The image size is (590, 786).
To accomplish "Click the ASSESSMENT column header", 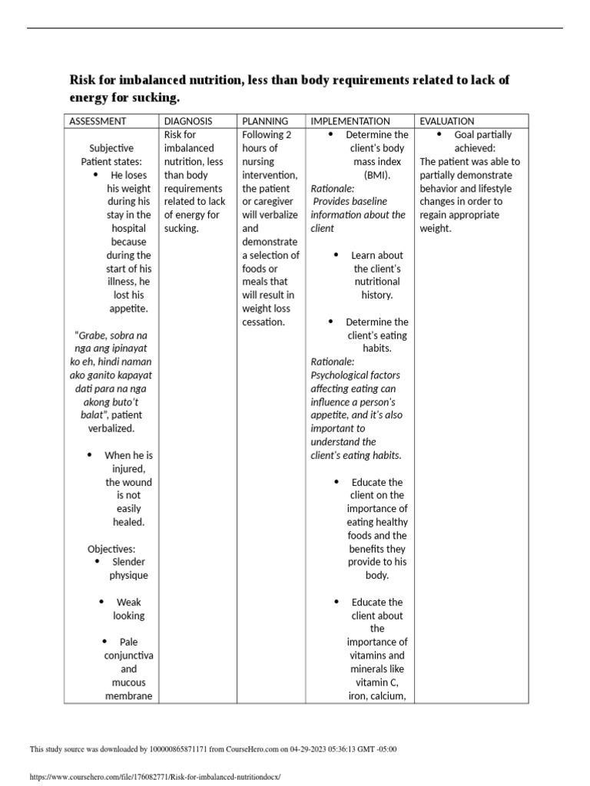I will (x=98, y=121).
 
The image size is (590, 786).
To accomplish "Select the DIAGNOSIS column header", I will (x=187, y=121).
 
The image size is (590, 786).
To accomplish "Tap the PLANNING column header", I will (x=265, y=121).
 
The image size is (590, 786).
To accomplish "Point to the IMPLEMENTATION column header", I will (x=350, y=121).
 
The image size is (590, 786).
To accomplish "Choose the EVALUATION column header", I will (x=447, y=121).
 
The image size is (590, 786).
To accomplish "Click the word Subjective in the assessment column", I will (x=111, y=148).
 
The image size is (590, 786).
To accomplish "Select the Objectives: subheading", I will (x=111, y=549).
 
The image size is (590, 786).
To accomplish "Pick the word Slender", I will (x=128, y=562).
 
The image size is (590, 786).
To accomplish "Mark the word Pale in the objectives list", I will (x=128, y=642).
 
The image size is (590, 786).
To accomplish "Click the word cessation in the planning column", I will (x=263, y=322).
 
